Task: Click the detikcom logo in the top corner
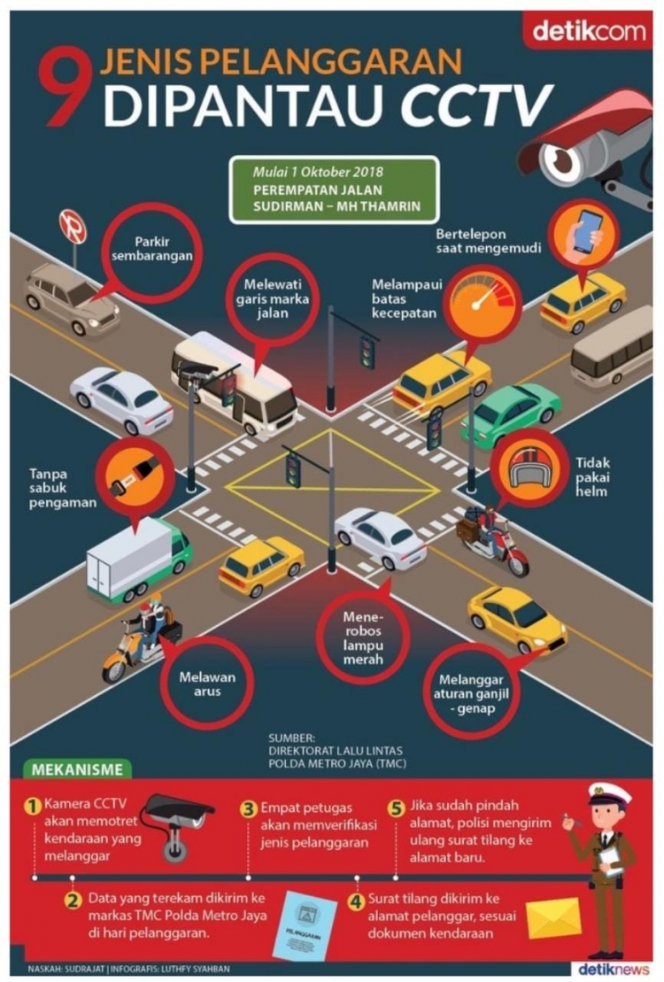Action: (590, 32)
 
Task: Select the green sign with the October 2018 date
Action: (334, 189)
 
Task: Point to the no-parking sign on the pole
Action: (72, 226)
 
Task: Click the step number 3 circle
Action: (250, 808)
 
